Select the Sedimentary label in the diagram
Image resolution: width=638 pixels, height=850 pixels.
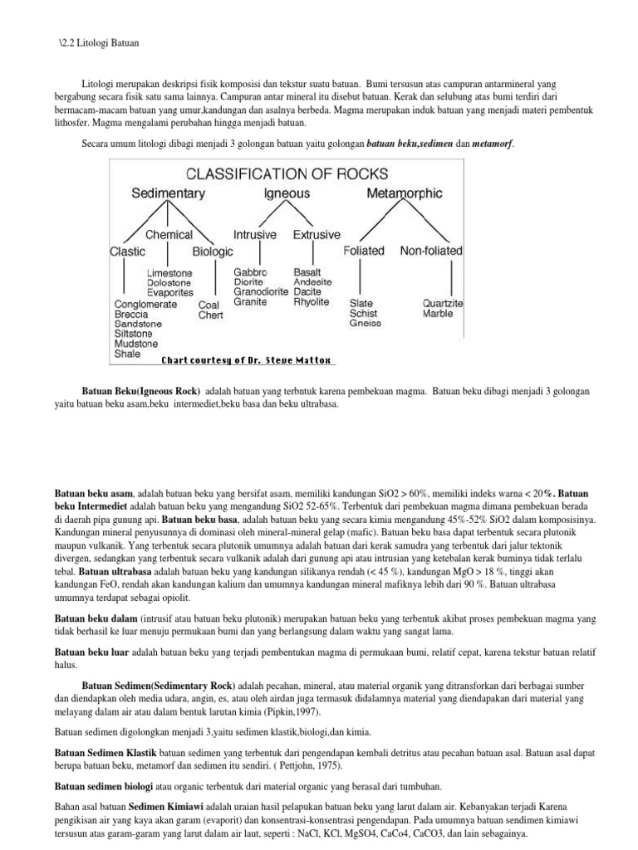click(x=169, y=193)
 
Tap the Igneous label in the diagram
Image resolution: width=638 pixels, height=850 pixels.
click(x=287, y=193)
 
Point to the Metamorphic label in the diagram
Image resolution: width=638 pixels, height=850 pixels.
click(x=405, y=193)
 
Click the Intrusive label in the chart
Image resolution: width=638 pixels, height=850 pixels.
click(x=255, y=235)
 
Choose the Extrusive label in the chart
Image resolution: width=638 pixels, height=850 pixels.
click(x=317, y=235)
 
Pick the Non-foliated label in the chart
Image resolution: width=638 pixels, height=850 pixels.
click(x=431, y=251)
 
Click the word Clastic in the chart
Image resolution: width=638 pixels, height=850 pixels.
click(x=127, y=251)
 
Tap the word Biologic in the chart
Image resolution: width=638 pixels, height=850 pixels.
click(x=213, y=251)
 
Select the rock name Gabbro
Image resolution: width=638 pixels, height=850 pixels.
click(x=250, y=272)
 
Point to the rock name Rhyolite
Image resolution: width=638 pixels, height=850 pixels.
click(x=312, y=303)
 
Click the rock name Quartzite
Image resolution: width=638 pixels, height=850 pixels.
click(x=443, y=304)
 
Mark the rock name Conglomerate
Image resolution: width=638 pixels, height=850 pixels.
click(x=151, y=305)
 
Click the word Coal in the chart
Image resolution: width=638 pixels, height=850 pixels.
click(x=209, y=305)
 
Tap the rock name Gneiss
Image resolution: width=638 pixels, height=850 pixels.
click(x=366, y=325)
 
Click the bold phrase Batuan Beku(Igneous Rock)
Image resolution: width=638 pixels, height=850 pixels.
click(x=141, y=390)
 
